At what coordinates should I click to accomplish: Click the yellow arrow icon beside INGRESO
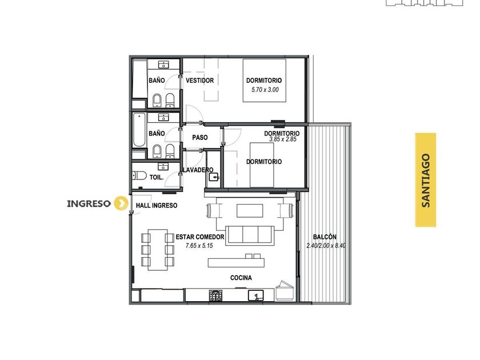click(121, 203)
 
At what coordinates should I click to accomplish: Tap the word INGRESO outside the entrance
click(89, 203)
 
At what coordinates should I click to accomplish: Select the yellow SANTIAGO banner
click(426, 180)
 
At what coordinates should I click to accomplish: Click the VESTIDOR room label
click(199, 81)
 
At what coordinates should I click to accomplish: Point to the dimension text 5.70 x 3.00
click(265, 90)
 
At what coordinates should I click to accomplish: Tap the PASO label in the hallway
click(200, 138)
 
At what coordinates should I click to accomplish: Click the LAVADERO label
click(198, 170)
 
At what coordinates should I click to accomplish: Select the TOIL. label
click(157, 177)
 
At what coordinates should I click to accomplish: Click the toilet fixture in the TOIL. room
click(139, 176)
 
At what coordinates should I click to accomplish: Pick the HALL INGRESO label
click(157, 205)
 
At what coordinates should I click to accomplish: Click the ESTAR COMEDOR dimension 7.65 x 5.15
click(199, 246)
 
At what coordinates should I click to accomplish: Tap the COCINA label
click(241, 278)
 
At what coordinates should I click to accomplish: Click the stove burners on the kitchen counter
click(216, 295)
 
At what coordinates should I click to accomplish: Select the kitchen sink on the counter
click(255, 295)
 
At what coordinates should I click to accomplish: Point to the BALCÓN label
click(325, 237)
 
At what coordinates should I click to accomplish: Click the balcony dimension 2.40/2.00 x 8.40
click(326, 246)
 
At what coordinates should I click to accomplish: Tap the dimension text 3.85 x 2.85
click(283, 139)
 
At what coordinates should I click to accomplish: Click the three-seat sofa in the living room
click(250, 235)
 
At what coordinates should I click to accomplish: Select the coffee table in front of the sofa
click(250, 211)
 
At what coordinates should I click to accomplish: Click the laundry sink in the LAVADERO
click(214, 177)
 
